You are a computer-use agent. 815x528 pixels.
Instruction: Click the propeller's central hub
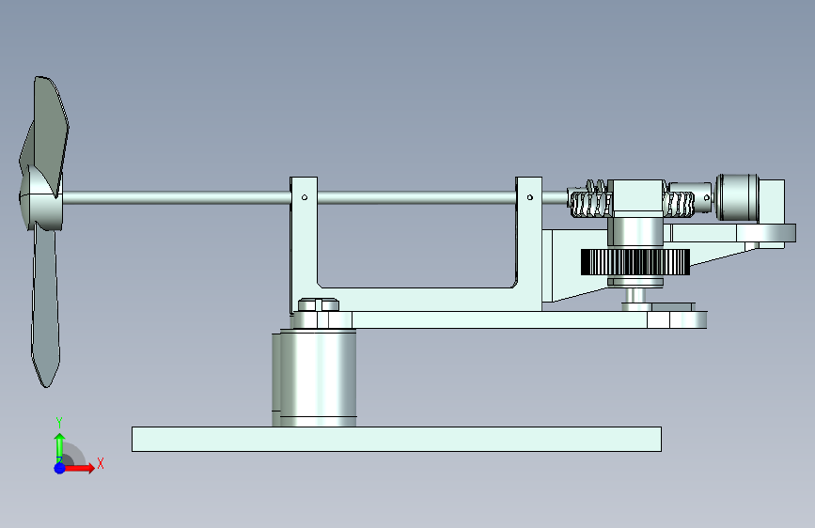pos(41,197)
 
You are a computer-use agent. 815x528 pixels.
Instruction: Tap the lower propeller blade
pos(46,306)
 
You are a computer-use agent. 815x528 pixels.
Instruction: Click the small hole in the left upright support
pos(305,197)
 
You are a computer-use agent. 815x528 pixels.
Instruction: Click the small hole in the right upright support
pos(529,197)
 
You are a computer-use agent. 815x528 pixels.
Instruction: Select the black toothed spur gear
pos(635,262)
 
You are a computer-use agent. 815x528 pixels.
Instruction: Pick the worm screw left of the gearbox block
pos(590,200)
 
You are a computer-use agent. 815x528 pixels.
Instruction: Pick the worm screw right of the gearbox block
pos(679,204)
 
